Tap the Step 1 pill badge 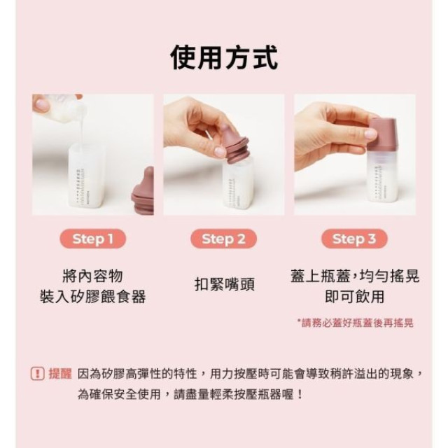pyautogui.click(x=93, y=239)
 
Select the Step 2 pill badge pyautogui.click(x=224, y=239)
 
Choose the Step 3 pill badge pyautogui.click(x=354, y=239)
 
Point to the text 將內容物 pyautogui.click(x=93, y=275)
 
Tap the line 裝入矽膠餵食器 pyautogui.click(x=93, y=297)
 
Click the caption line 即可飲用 pyautogui.click(x=354, y=297)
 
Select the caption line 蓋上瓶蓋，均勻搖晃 pyautogui.click(x=354, y=275)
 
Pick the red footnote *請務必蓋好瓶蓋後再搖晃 pyautogui.click(x=355, y=323)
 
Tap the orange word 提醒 pyautogui.click(x=59, y=374)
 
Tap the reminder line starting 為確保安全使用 pyautogui.click(x=190, y=394)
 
